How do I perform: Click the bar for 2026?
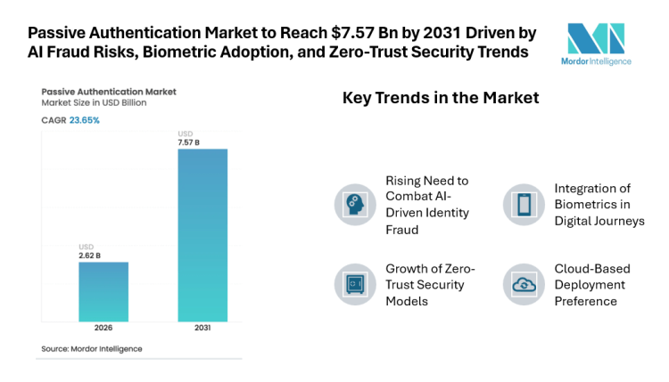click(103, 291)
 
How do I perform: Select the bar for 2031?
click(202, 235)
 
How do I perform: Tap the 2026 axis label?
click(103, 329)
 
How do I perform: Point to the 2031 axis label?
click(202, 329)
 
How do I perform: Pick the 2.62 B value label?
click(90, 255)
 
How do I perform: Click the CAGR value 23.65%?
click(85, 119)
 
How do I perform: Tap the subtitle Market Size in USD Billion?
click(94, 103)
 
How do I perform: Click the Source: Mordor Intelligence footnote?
click(92, 348)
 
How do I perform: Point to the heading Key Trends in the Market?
click(441, 98)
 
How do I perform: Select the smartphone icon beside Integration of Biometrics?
click(522, 204)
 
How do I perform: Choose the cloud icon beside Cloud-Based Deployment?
click(522, 284)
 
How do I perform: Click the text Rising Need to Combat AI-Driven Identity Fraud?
click(426, 205)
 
